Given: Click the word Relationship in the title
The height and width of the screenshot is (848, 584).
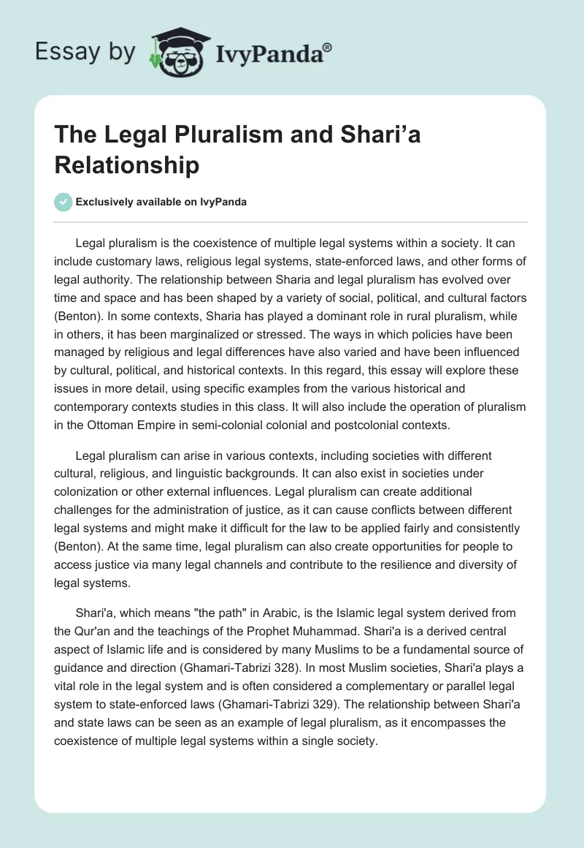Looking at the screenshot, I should pos(127,166).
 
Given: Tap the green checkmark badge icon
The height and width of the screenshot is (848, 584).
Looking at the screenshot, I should pos(64,202).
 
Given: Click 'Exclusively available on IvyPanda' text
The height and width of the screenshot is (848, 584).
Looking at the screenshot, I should pos(161,202).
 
